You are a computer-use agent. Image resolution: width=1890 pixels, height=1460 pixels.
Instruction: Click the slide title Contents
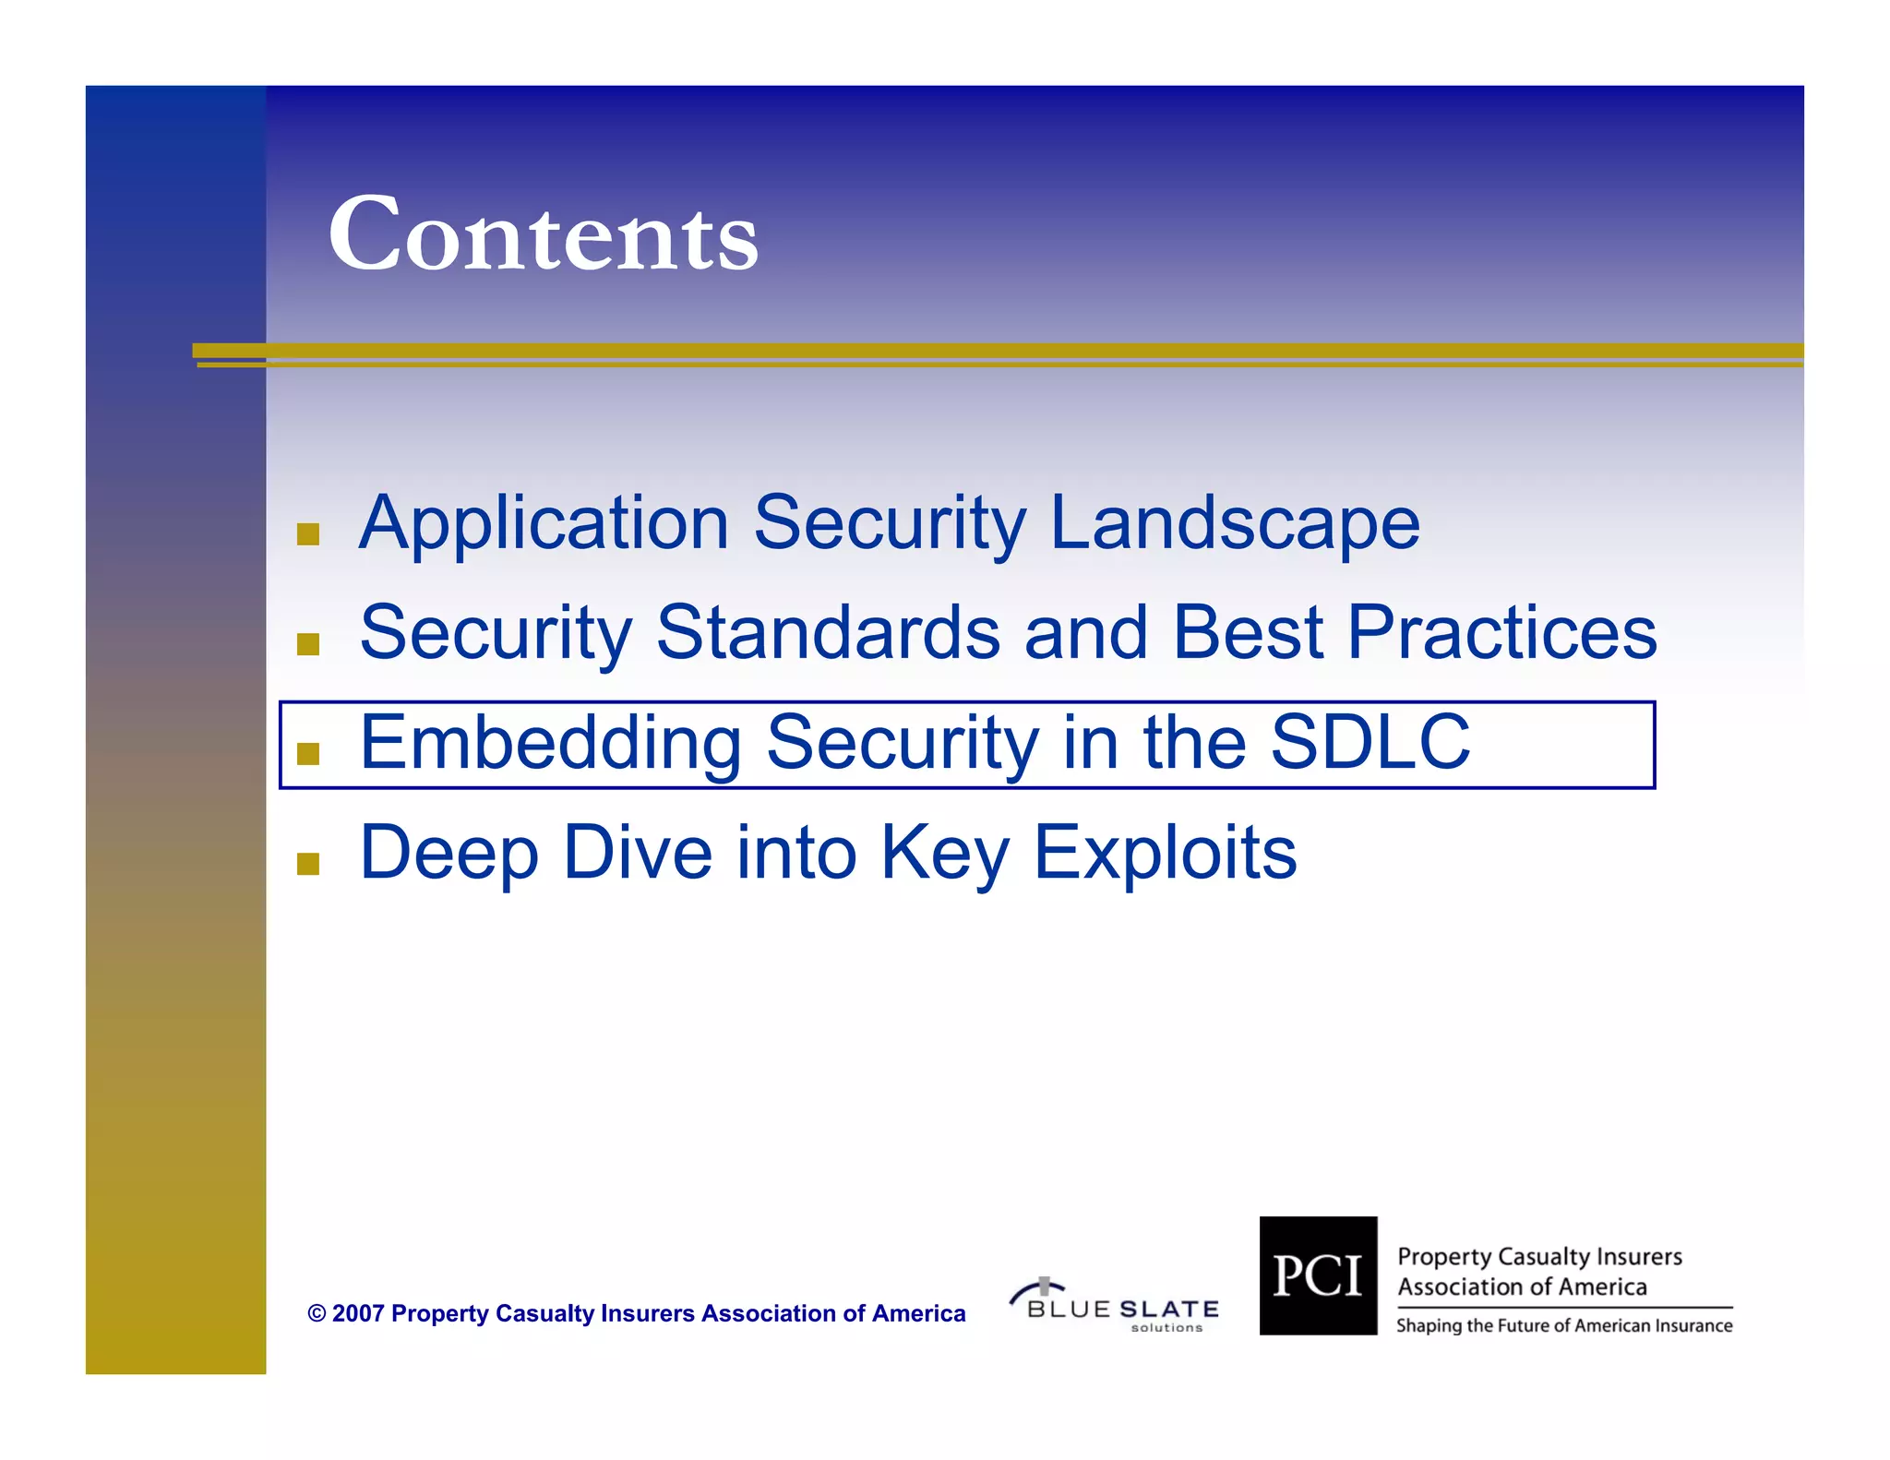tap(543, 234)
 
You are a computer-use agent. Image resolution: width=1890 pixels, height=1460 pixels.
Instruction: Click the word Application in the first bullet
tap(544, 523)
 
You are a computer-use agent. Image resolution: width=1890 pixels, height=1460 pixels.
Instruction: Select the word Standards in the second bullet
tap(828, 633)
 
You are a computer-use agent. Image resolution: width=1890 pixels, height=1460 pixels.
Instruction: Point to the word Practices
tap(1501, 633)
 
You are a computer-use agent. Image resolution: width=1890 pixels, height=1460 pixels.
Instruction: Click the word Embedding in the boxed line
tap(550, 743)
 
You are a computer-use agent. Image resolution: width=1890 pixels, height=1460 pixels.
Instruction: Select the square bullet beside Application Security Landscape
tap(308, 534)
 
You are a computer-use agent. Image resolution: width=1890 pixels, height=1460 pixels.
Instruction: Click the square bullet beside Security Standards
tap(308, 644)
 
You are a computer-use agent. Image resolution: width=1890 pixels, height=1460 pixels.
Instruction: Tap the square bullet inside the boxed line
tap(308, 754)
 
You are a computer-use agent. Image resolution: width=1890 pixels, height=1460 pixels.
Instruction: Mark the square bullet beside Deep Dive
tap(308, 864)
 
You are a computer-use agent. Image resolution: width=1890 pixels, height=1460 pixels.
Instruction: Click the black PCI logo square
tap(1318, 1275)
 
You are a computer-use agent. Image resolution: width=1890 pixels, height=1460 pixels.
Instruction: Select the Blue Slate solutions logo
tap(1116, 1306)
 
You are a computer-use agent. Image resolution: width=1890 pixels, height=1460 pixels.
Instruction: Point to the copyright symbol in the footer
tap(317, 1314)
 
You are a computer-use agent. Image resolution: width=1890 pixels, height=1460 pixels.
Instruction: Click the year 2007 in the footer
tap(357, 1313)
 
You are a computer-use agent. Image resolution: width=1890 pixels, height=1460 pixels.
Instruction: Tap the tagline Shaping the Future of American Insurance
tap(1564, 1326)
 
